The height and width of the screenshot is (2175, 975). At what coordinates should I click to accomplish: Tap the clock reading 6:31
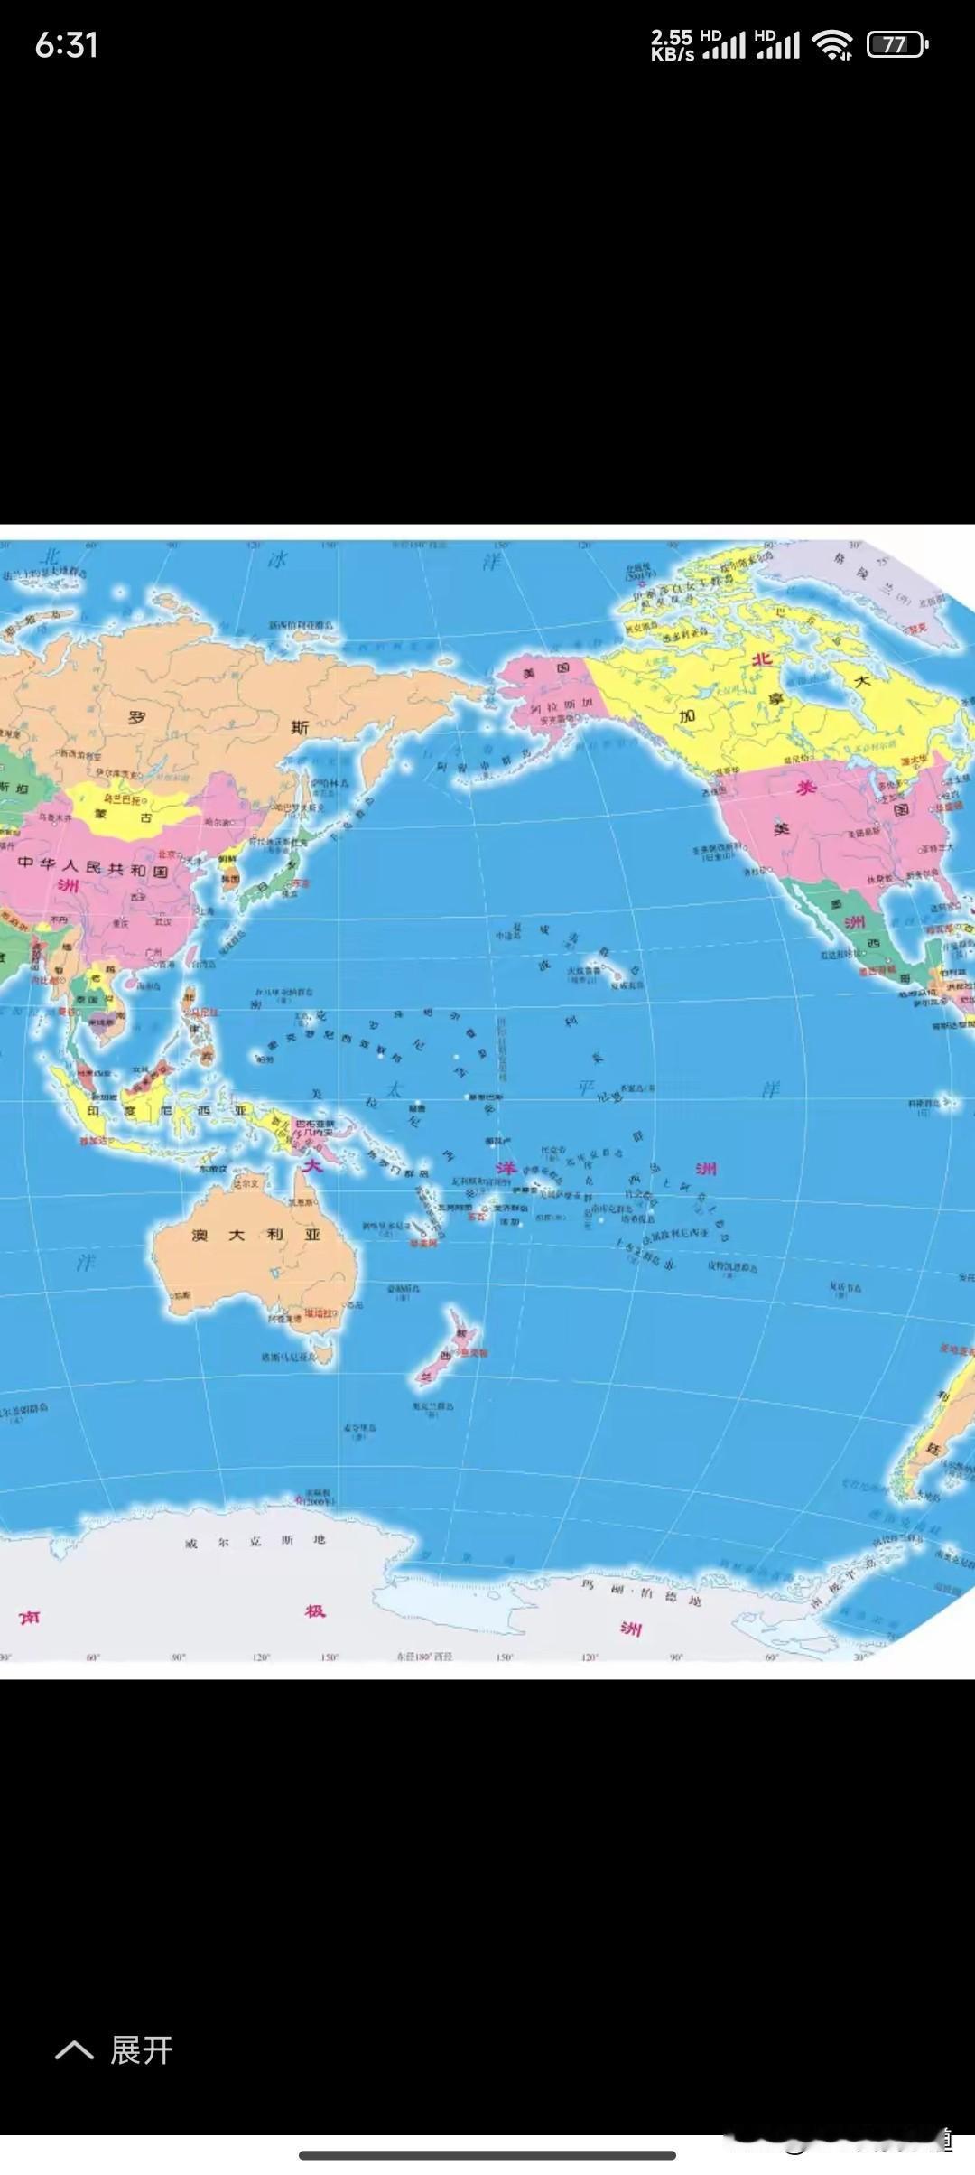pos(66,44)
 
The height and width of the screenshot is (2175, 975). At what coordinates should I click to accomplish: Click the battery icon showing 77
pos(896,44)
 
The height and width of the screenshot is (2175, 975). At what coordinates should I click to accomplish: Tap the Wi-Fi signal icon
pos(831,44)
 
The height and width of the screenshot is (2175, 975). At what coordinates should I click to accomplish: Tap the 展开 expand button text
pos(141,2051)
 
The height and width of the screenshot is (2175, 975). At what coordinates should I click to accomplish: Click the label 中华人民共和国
pos(93,867)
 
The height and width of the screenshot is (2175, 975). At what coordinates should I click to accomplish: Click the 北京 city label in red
pos(167,853)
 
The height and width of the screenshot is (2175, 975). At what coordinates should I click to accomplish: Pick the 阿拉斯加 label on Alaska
pos(561,705)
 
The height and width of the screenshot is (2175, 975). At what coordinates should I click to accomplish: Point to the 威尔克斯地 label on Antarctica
pos(255,1541)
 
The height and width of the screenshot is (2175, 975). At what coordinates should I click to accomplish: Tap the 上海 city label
pos(206,911)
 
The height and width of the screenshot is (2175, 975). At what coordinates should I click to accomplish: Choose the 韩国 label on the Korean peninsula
pos(231,878)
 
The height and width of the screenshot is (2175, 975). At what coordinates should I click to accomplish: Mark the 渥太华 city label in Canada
pos(914,761)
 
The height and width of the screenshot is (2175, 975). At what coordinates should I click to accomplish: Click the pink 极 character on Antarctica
pos(315,1610)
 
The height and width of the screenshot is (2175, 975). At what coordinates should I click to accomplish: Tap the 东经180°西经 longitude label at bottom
pos(423,1657)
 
